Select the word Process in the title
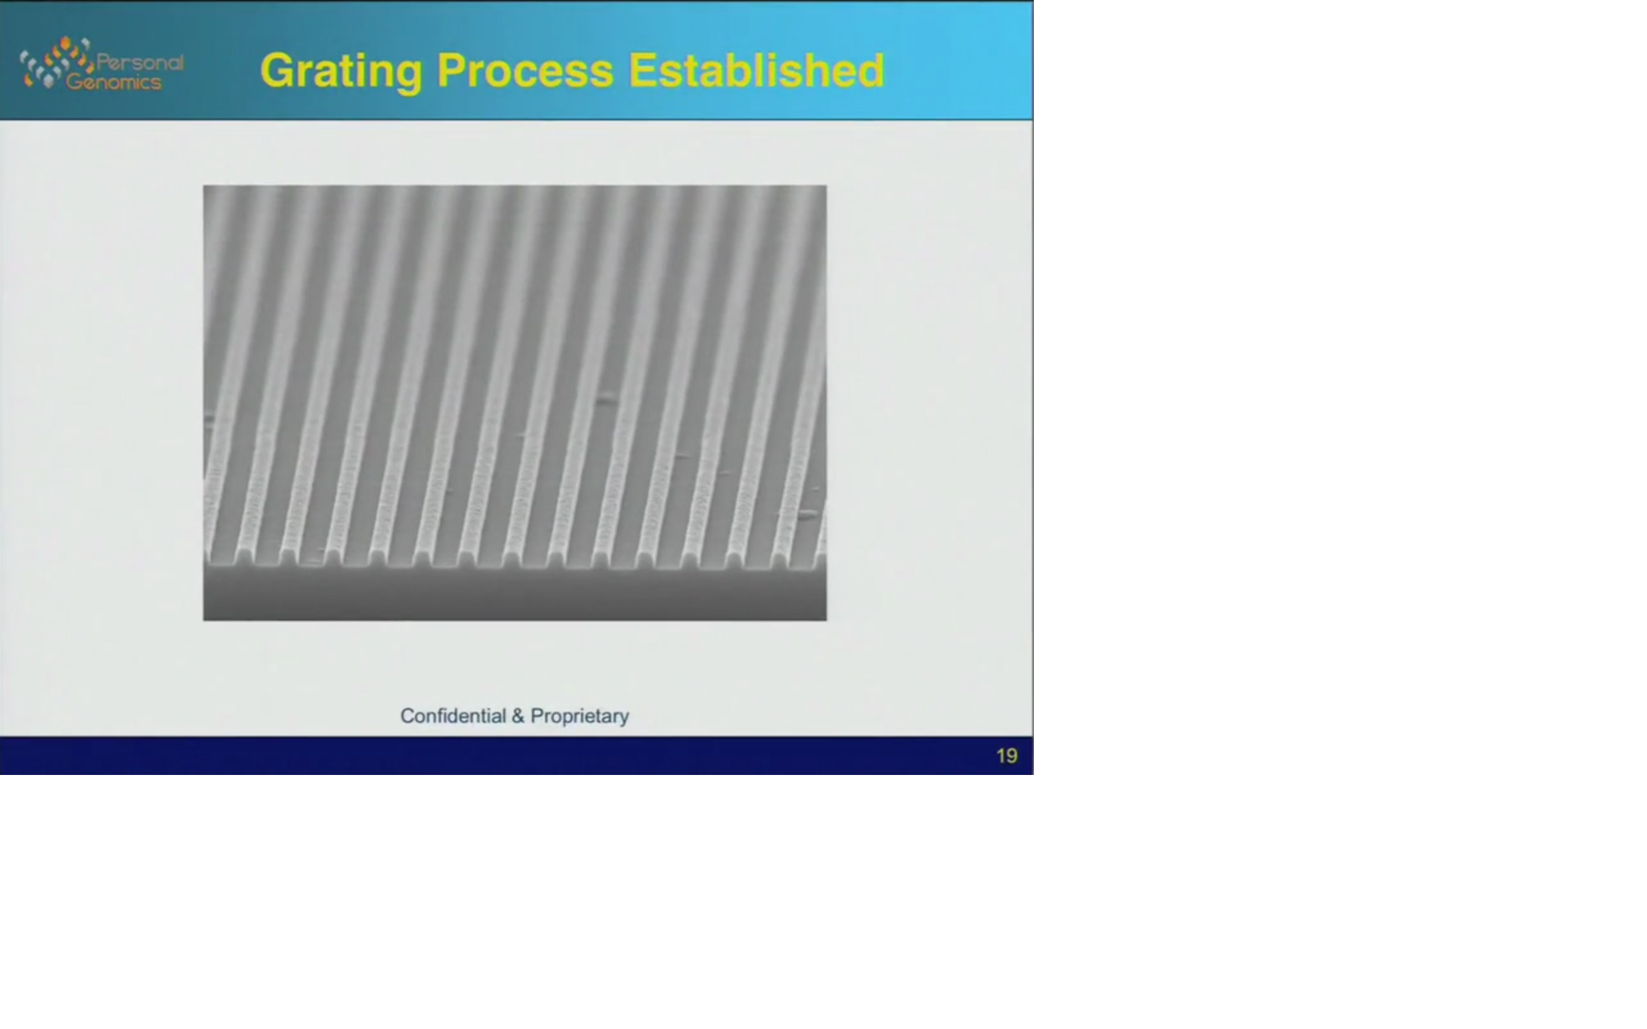[x=526, y=71]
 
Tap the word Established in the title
[x=756, y=70]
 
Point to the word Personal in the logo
[x=140, y=63]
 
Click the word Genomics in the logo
[x=114, y=82]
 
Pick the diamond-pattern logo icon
[x=57, y=62]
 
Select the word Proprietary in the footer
[x=580, y=716]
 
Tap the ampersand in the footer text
[x=519, y=716]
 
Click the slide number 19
[x=1007, y=756]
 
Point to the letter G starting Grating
[x=278, y=70]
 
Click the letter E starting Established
[x=643, y=70]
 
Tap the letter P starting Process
[x=452, y=70]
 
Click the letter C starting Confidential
[x=408, y=716]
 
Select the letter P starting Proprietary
[x=538, y=716]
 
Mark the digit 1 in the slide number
[x=1000, y=756]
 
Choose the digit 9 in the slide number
[x=1011, y=756]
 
